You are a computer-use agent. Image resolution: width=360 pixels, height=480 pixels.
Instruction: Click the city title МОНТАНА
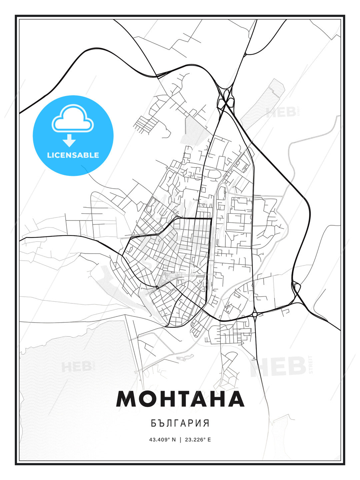point(180,399)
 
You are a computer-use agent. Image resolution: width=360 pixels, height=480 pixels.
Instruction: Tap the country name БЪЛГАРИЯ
point(180,423)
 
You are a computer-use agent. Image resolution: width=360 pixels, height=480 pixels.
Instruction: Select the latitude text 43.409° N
point(162,439)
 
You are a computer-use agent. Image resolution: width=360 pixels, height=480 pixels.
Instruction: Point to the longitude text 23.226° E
point(197,439)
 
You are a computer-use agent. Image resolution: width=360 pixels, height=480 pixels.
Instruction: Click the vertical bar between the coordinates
point(180,439)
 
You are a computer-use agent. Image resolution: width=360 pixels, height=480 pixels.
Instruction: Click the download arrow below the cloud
point(69,140)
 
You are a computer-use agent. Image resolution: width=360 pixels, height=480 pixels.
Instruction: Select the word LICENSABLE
point(73,155)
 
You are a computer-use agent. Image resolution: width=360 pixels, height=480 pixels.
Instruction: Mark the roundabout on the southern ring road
point(255,314)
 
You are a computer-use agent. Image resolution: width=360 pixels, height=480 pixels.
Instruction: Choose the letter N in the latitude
point(173,439)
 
